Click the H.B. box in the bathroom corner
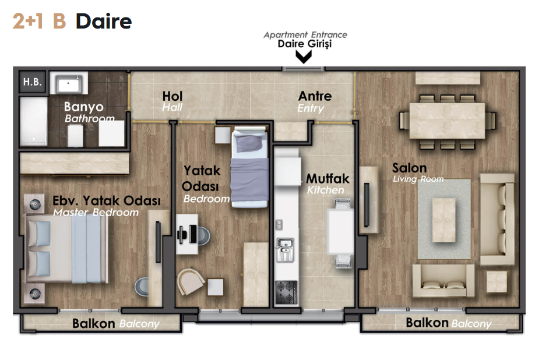(x=32, y=82)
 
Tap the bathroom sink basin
(x=69, y=83)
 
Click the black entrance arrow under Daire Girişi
(x=304, y=57)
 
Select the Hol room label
(x=173, y=96)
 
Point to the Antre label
(x=315, y=96)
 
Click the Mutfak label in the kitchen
(x=328, y=178)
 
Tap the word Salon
(x=409, y=168)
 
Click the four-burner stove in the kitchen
(x=286, y=292)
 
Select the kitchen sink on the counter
(x=285, y=249)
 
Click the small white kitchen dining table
(x=340, y=231)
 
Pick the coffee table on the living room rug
(x=444, y=220)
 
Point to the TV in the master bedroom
(x=158, y=242)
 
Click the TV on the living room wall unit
(x=367, y=205)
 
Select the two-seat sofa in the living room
(x=444, y=280)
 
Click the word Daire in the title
(x=104, y=22)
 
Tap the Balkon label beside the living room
(x=427, y=323)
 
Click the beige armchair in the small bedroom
(x=191, y=281)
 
